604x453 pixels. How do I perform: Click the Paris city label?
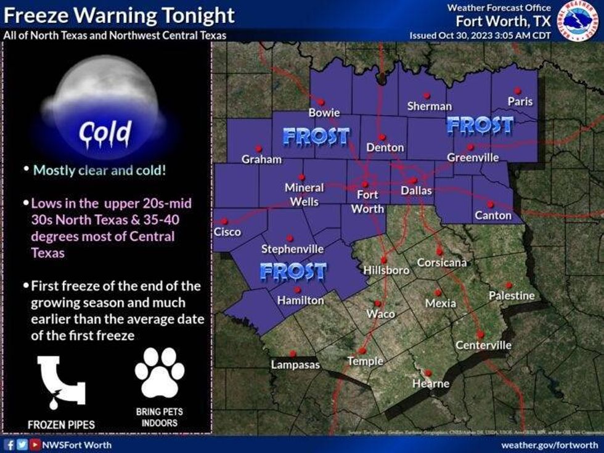point(520,101)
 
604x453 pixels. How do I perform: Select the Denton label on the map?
point(385,147)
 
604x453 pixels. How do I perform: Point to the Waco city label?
point(380,314)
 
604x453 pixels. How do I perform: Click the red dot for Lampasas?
point(293,353)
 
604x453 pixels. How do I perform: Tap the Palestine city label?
point(512,296)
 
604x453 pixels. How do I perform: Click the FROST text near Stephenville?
point(293,271)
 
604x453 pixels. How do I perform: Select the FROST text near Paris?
point(480,125)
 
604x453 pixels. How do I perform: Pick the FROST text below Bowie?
point(316,136)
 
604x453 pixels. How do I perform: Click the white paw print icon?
point(159,372)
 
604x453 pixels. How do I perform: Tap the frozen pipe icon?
point(61,382)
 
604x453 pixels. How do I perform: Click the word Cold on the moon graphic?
point(105,131)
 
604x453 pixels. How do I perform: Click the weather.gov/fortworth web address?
point(549,444)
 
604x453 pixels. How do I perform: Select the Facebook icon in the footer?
point(9,444)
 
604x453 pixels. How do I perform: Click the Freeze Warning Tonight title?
point(119,15)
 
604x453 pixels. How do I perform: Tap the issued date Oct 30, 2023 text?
point(480,35)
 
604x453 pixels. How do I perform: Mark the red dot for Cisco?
point(224,221)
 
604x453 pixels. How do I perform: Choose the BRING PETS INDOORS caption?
point(159,417)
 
